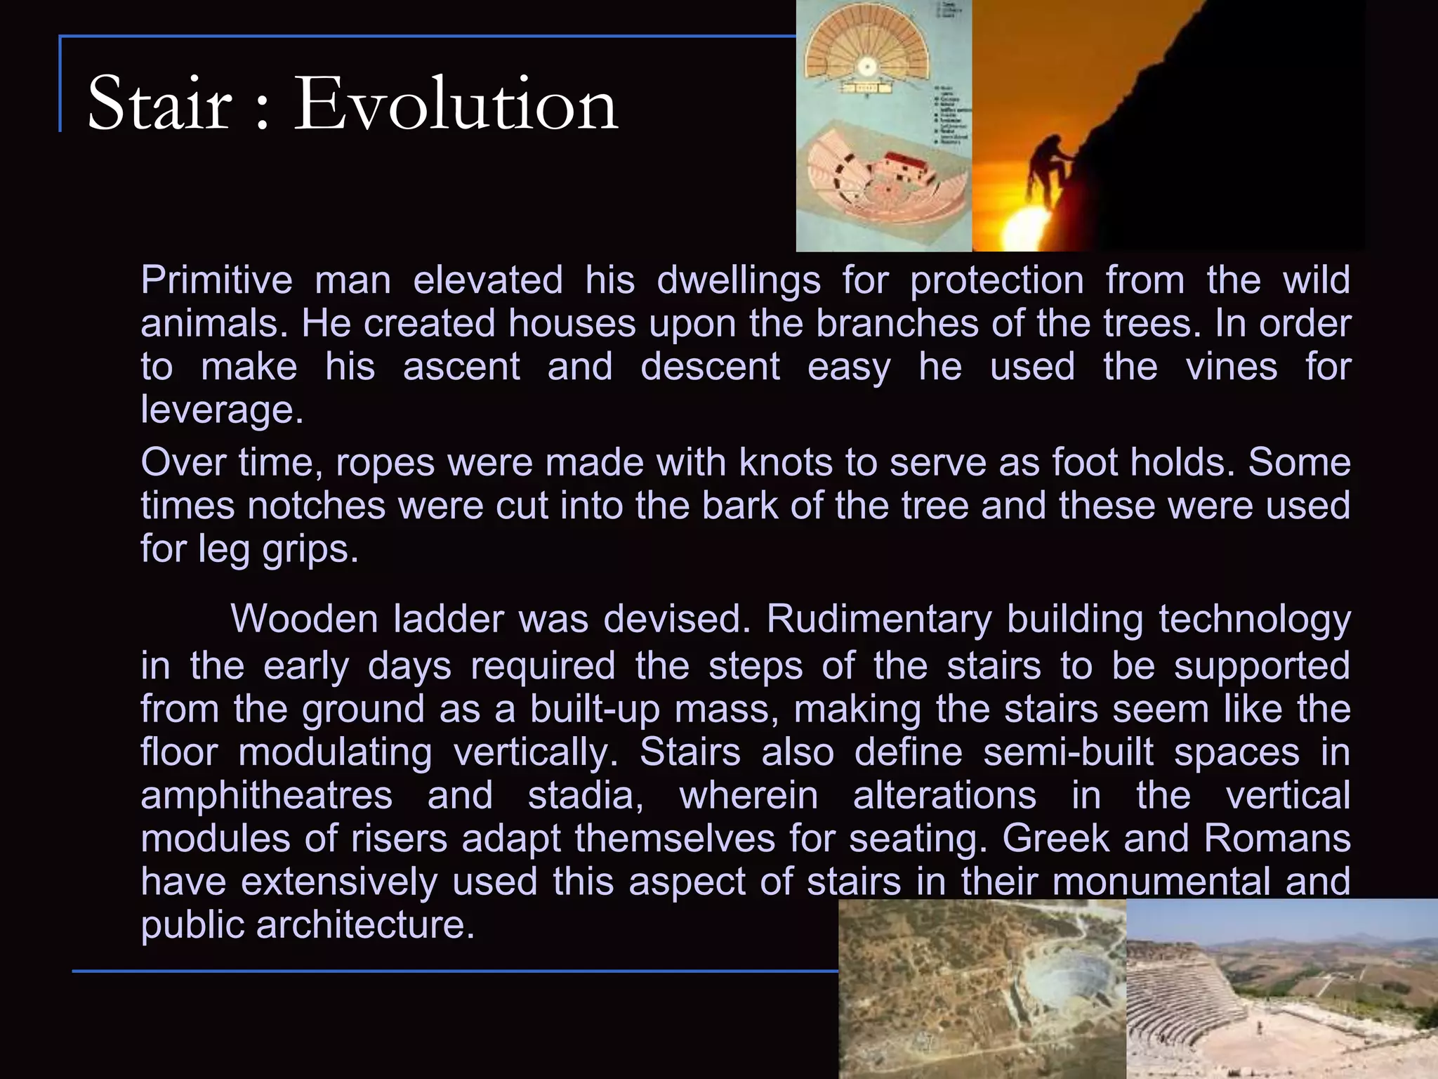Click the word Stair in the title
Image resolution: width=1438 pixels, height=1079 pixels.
[159, 104]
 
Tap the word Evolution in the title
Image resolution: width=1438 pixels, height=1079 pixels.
[455, 104]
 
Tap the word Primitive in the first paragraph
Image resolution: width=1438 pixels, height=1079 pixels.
[216, 280]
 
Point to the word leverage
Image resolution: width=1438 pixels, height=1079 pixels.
[222, 410]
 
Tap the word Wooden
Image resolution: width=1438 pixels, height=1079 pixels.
[304, 620]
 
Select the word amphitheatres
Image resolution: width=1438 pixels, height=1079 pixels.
[266, 796]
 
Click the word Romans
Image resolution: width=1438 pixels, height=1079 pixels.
[1277, 839]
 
